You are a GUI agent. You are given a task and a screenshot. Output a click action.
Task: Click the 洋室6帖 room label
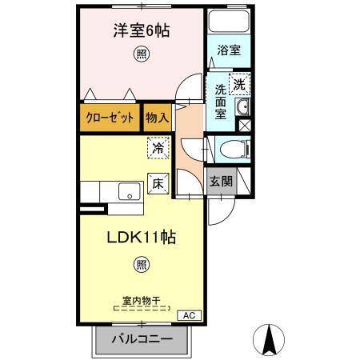point(140,31)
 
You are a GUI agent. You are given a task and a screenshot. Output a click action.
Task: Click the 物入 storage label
point(158,117)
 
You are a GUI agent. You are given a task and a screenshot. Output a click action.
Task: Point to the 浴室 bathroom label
point(229,50)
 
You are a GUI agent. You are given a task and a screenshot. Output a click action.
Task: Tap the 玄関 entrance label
point(221,181)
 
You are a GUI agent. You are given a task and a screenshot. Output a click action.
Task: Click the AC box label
point(189,315)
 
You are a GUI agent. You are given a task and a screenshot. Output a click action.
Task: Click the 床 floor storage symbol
point(158,182)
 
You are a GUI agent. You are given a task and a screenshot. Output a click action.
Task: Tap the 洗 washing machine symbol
point(239,82)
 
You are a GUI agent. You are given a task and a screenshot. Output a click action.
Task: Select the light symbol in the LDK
point(141,264)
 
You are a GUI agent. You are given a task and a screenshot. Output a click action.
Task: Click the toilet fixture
point(232,148)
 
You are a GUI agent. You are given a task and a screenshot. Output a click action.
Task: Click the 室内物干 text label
point(141,301)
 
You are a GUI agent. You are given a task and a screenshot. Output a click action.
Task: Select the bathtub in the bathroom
point(229,22)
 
